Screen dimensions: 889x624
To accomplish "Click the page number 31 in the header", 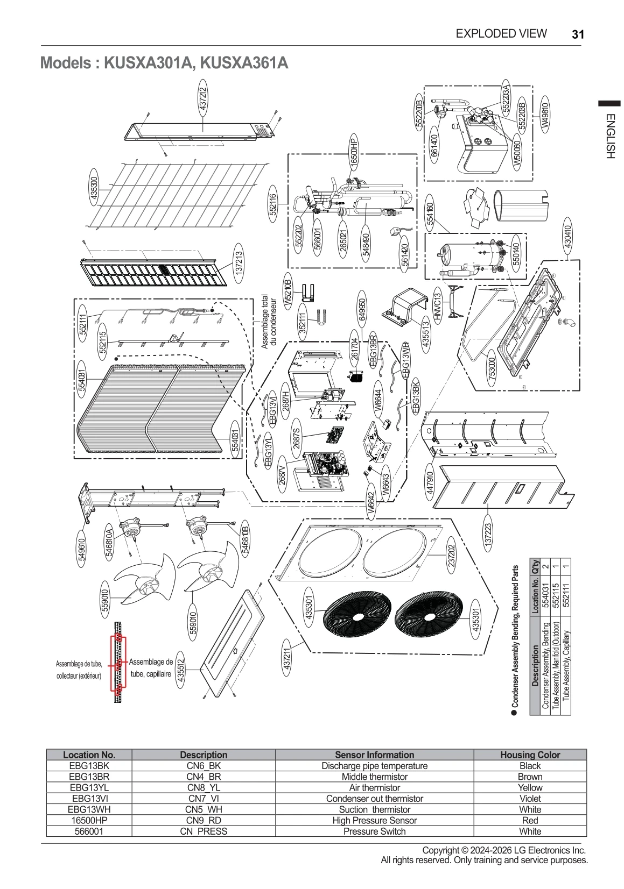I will pyautogui.click(x=578, y=34).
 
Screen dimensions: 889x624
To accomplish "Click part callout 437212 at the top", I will pyautogui.click(x=203, y=98).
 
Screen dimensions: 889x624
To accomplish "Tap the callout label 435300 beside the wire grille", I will pyautogui.click(x=95, y=188).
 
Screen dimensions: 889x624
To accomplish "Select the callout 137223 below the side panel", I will pyautogui.click(x=488, y=533).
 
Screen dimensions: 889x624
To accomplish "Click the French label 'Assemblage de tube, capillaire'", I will pyautogui.click(x=151, y=667).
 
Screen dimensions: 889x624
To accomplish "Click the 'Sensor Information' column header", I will pyautogui.click(x=374, y=755).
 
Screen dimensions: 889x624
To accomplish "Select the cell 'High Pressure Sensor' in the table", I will pyautogui.click(x=374, y=820).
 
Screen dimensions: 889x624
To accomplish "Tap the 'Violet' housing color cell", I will pyautogui.click(x=530, y=799).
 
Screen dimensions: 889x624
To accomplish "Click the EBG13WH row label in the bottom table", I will pyautogui.click(x=89, y=809).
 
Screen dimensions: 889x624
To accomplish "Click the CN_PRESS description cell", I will pyautogui.click(x=204, y=831).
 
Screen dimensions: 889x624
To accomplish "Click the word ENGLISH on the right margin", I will pyautogui.click(x=609, y=136).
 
